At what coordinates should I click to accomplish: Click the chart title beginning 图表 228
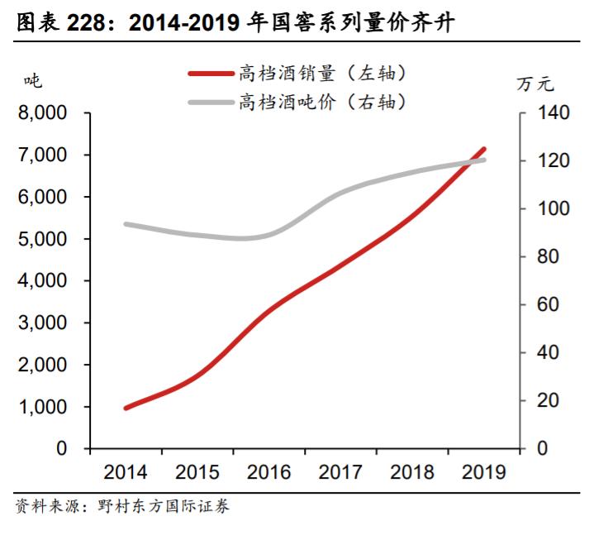click(240, 24)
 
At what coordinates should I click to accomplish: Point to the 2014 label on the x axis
click(125, 472)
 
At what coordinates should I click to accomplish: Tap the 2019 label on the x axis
click(483, 472)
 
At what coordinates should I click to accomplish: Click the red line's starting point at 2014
click(126, 408)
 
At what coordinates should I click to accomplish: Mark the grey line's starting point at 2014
click(126, 224)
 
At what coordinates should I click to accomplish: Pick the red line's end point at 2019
click(484, 149)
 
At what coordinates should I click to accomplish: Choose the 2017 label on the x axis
click(340, 472)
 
